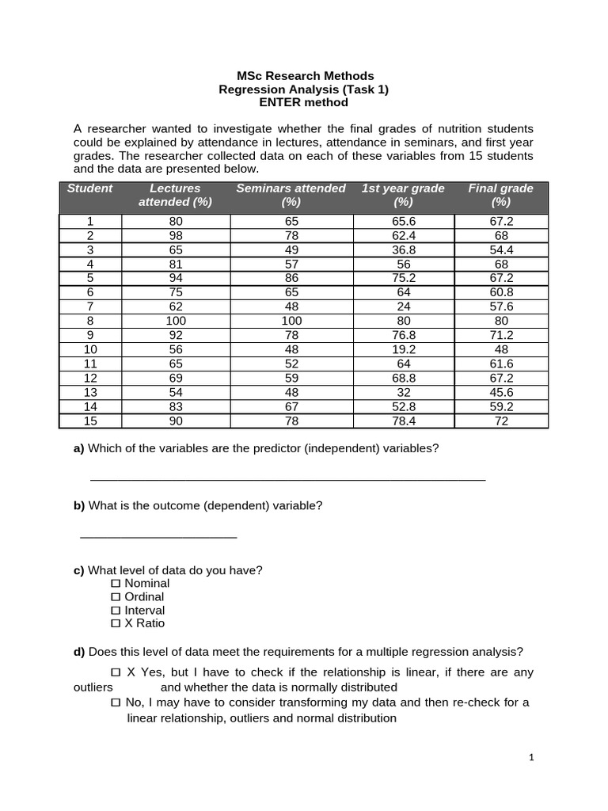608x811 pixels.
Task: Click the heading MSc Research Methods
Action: (x=303, y=76)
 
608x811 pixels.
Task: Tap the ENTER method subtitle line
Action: (x=303, y=102)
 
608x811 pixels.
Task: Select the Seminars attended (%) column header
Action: (x=291, y=195)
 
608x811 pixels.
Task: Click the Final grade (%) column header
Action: (x=500, y=195)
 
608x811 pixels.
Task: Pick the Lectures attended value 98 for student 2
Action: (x=175, y=235)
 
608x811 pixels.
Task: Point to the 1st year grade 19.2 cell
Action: (x=403, y=349)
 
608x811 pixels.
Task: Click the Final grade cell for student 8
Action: (x=501, y=321)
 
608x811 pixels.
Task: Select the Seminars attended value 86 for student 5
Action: (x=291, y=278)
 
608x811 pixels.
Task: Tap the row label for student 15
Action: (x=90, y=421)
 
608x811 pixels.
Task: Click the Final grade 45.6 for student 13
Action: (x=501, y=392)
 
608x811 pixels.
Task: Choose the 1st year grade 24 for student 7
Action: (x=403, y=307)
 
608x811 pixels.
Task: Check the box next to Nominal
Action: (x=116, y=584)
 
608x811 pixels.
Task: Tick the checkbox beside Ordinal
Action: (x=116, y=597)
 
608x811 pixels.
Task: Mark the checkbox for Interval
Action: (x=116, y=611)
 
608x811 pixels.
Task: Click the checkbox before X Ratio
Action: (x=116, y=624)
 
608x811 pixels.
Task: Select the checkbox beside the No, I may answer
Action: (x=116, y=703)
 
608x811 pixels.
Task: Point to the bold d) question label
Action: (x=79, y=652)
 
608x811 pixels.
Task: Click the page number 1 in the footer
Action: (x=532, y=758)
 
